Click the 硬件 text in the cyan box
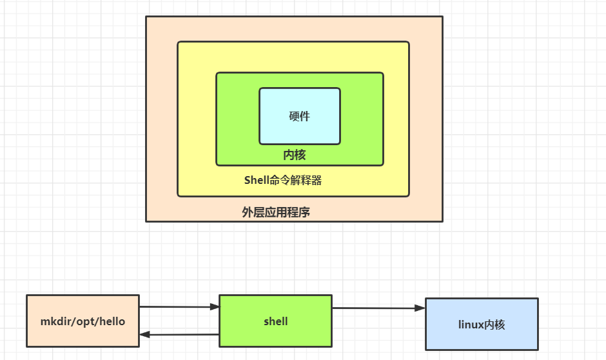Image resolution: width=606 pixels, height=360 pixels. pyautogui.click(x=299, y=116)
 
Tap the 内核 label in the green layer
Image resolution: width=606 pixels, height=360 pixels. pyautogui.click(x=295, y=155)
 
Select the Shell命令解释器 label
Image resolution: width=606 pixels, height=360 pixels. pyautogui.click(x=282, y=181)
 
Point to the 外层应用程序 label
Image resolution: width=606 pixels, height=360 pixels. pyautogui.click(x=276, y=212)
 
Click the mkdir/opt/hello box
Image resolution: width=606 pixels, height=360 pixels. pyautogui.click(x=83, y=321)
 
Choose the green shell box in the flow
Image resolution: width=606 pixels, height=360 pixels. pyautogui.click(x=275, y=321)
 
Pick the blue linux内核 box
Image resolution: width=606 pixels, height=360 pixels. pyautogui.click(x=482, y=324)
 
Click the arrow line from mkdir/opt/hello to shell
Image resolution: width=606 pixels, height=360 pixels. pyautogui.click(x=177, y=307)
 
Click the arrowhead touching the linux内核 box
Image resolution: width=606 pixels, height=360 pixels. pyautogui.click(x=420, y=308)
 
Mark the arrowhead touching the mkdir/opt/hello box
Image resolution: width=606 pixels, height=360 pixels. pyautogui.click(x=144, y=334)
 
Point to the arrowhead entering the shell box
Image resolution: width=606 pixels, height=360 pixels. pyautogui.click(x=215, y=308)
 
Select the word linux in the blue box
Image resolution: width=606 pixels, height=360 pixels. pyautogui.click(x=470, y=325)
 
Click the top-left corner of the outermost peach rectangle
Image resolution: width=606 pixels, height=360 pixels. pyautogui.click(x=146, y=17)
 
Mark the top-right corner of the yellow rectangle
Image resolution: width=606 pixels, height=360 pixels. pyautogui.click(x=409, y=43)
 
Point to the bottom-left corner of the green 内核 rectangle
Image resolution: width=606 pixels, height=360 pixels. pyautogui.click(x=217, y=165)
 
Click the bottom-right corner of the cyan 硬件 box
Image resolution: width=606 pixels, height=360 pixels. pyautogui.click(x=340, y=144)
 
